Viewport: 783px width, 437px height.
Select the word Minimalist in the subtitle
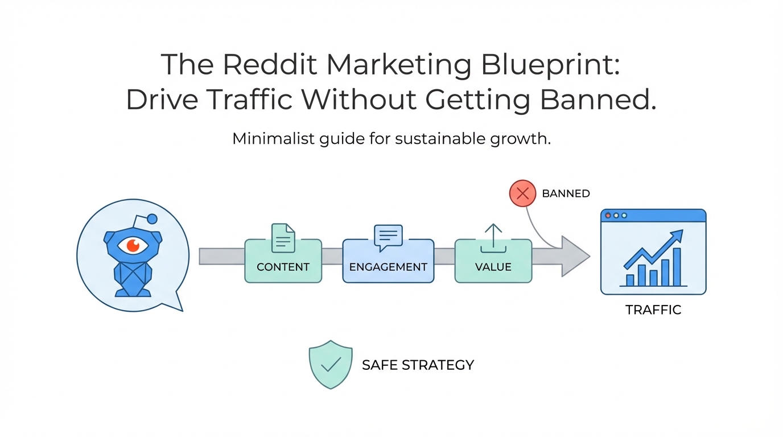(271, 139)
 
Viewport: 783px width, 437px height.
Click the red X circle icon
(523, 193)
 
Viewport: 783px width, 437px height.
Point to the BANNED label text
(566, 193)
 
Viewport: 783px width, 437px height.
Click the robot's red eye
(133, 245)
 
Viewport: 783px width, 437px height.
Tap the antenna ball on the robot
(151, 218)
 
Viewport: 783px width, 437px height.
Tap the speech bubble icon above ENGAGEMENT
(388, 237)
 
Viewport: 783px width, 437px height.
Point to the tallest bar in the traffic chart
(677, 266)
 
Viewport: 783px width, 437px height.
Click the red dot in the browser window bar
(608, 216)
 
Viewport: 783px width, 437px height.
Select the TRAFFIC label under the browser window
(653, 310)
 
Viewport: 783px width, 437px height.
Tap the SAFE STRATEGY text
(418, 365)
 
